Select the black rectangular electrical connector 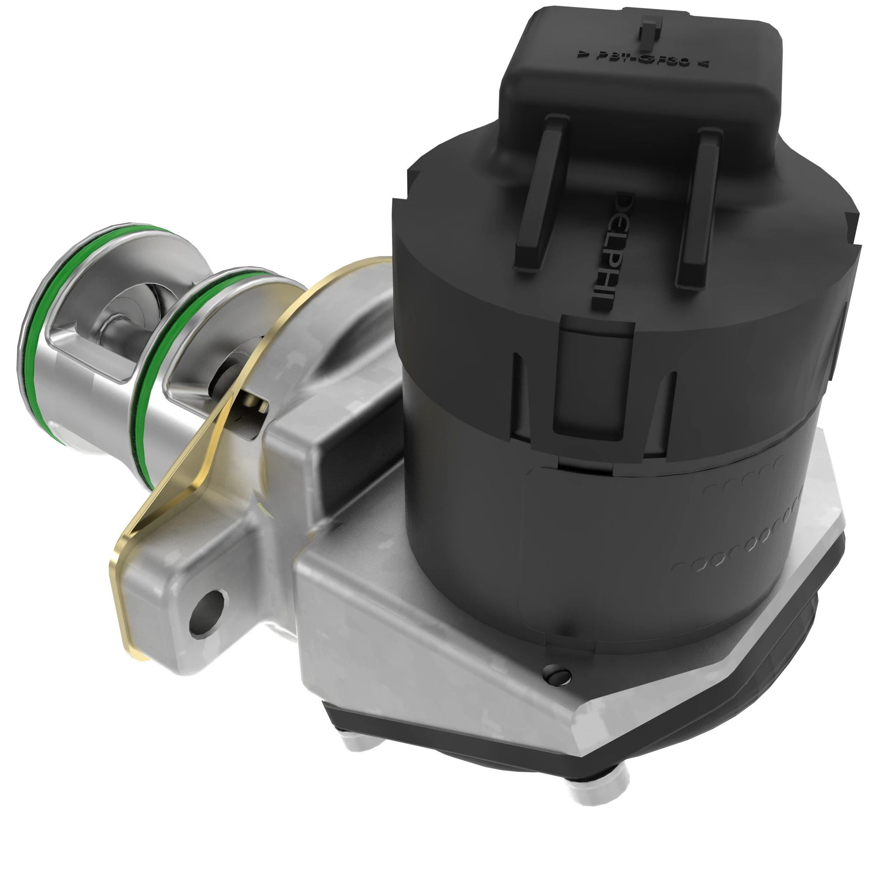[x=640, y=91]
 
